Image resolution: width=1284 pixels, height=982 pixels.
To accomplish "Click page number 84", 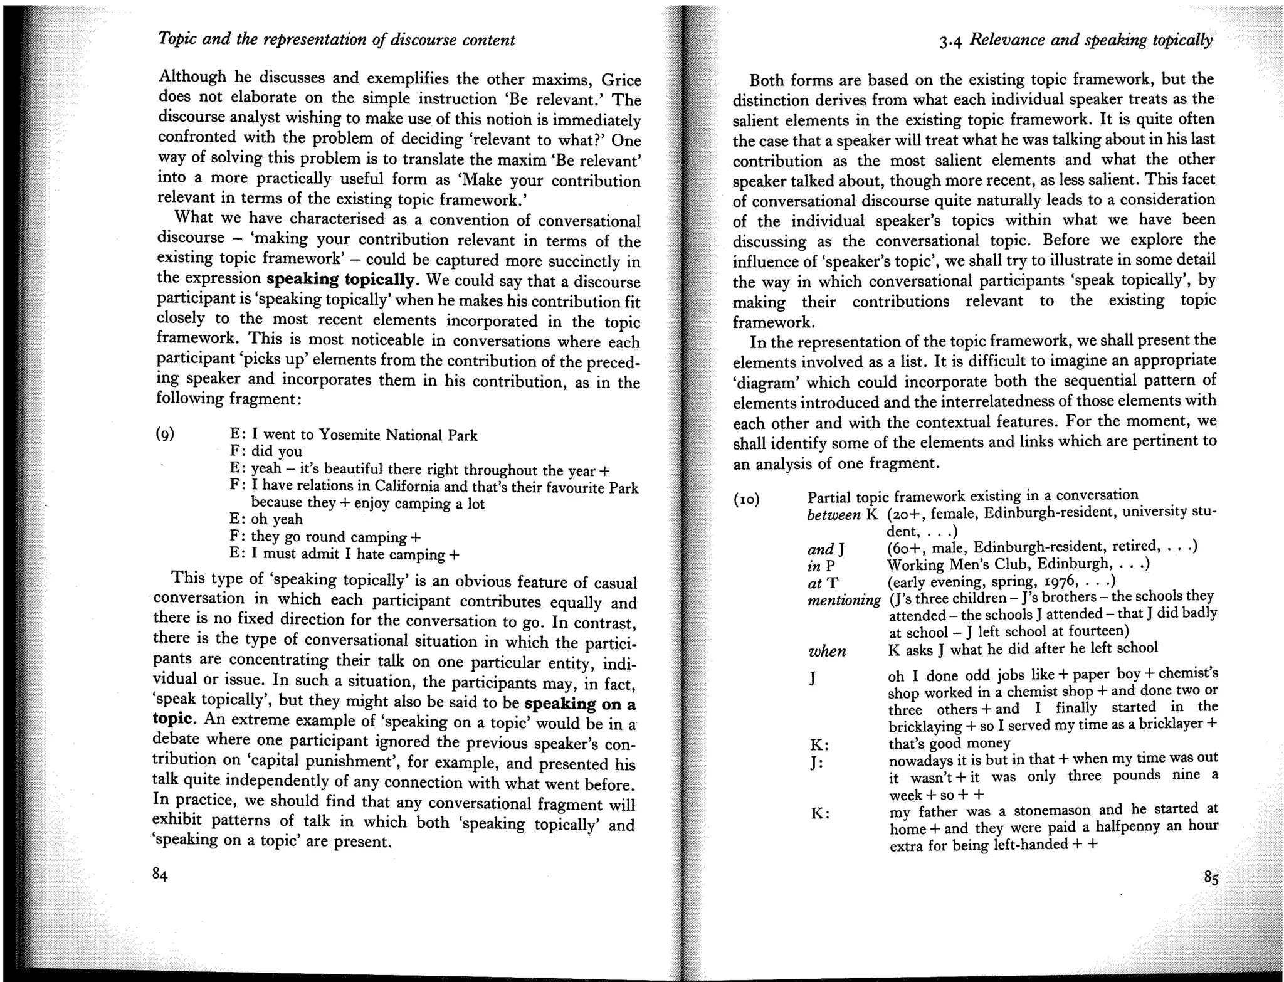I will coord(160,875).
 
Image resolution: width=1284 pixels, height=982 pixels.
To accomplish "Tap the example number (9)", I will coord(165,434).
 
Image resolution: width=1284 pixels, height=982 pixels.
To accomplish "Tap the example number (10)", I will coord(746,500).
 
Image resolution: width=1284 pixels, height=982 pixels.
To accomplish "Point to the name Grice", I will coord(621,80).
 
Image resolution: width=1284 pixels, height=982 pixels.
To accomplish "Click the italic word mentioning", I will coord(844,600).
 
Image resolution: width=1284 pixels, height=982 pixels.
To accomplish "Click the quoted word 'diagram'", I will coord(764,382).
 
